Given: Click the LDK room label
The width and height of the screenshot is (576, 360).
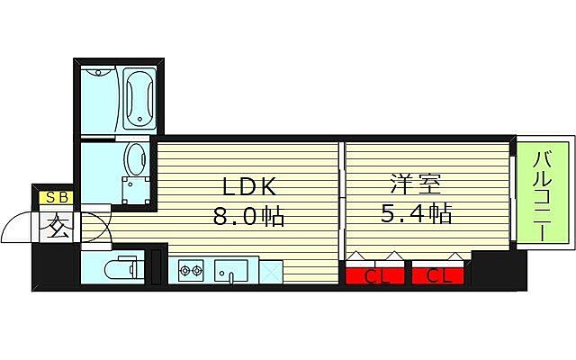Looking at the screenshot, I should (x=247, y=187).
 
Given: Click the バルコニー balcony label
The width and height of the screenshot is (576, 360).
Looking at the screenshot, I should (x=543, y=195).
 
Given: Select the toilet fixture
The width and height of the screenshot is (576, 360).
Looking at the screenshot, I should (x=117, y=268).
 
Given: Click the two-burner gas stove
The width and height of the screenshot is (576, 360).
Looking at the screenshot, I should (x=192, y=269).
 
